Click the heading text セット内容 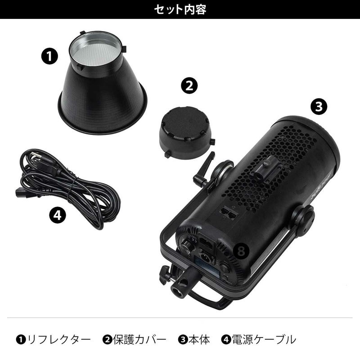click(x=180, y=9)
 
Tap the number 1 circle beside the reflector click(x=49, y=56)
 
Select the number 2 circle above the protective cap click(x=189, y=85)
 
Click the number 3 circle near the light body click(x=319, y=107)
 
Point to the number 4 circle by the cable click(x=57, y=216)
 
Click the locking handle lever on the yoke click(x=202, y=171)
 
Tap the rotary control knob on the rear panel click(x=186, y=248)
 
